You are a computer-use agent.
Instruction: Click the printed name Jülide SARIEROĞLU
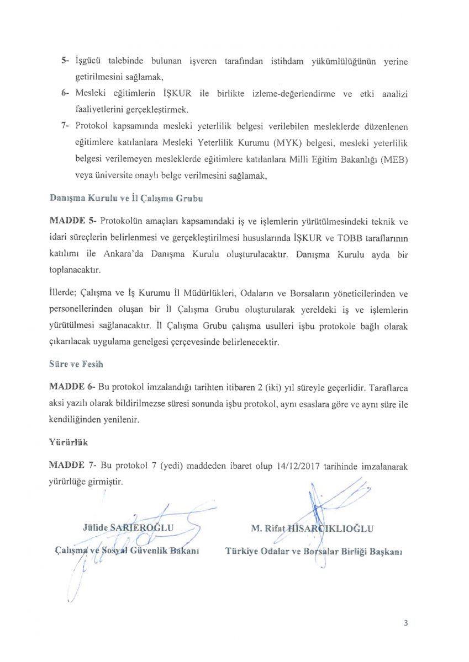128,527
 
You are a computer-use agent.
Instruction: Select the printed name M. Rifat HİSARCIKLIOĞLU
312,528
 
